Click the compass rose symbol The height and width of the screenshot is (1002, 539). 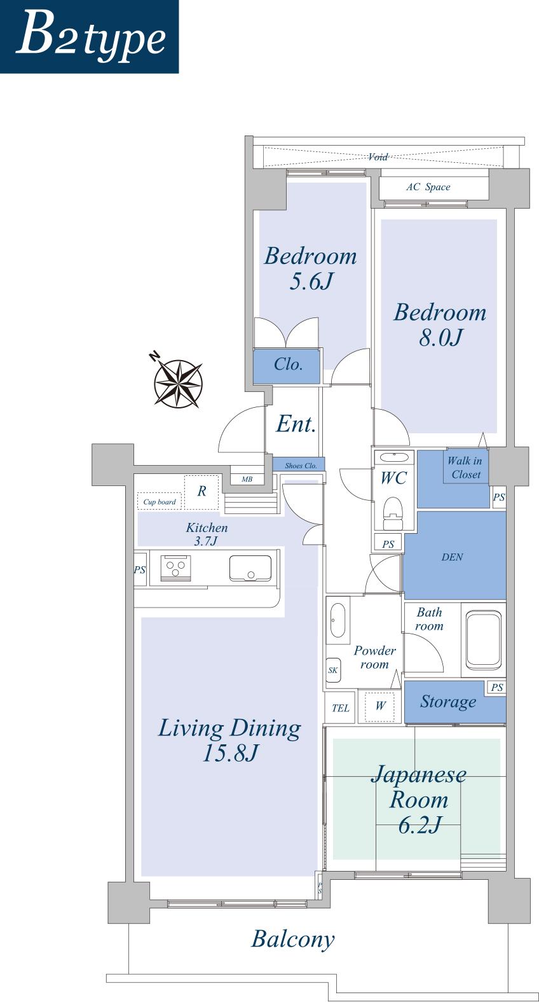179,383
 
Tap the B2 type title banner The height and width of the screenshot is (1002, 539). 89,36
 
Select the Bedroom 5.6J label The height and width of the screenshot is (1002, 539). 310,268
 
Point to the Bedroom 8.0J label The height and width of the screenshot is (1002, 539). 440,324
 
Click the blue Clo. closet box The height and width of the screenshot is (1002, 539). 287,365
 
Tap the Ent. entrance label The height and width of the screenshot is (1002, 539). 296,424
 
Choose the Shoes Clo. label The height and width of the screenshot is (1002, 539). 301,466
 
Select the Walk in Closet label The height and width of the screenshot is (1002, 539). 465,468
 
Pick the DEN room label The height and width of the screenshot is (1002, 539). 452,557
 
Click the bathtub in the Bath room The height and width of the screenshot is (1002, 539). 483,639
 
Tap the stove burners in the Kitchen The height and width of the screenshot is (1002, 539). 175,567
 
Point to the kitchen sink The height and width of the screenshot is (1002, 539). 250,567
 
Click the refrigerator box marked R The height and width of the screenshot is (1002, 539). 201,491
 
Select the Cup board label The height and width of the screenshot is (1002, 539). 160,502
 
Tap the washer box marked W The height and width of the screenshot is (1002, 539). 380,706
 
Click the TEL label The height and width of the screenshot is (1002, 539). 340,708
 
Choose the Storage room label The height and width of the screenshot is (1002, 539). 447,702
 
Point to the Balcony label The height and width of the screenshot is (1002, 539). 292,939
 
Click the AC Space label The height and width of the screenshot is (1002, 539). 428,187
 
